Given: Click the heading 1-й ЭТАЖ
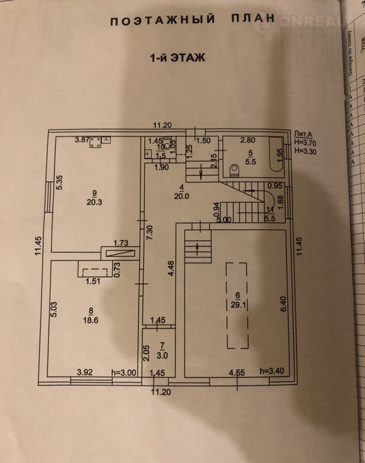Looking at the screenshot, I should (177, 57).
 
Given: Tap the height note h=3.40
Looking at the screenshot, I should (272, 371).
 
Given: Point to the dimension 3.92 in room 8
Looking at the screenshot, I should (84, 372).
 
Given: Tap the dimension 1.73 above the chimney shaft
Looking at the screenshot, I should (120, 244).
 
